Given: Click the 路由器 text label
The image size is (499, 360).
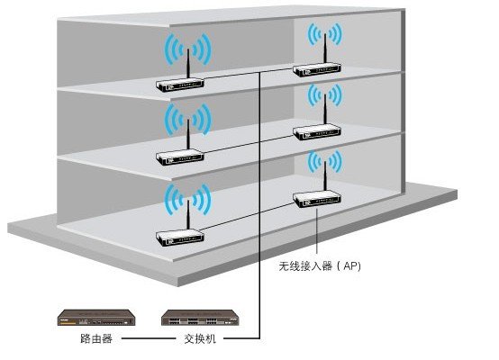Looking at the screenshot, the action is pyautogui.click(x=96, y=338).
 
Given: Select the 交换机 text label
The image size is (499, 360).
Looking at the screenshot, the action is pyautogui.click(x=200, y=338).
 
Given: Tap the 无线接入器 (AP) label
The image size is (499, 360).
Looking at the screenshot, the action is pyautogui.click(x=320, y=265).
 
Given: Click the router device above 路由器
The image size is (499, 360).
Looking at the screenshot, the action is pyautogui.click(x=96, y=318).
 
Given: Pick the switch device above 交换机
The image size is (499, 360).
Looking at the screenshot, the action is pyautogui.click(x=200, y=318).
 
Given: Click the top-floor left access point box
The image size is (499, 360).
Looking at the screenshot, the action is pyautogui.click(x=180, y=85).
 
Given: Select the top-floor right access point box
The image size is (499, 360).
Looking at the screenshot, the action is pyautogui.click(x=317, y=69).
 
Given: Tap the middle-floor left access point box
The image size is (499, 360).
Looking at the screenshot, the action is pyautogui.click(x=180, y=157).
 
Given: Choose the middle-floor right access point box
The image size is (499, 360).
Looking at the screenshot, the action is pyautogui.click(x=317, y=132).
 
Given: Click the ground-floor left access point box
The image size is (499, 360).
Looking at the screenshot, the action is pyautogui.click(x=180, y=238).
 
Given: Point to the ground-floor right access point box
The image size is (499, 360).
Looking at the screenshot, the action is pyautogui.click(x=317, y=200).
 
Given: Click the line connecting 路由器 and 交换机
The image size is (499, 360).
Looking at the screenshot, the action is pyautogui.click(x=149, y=338).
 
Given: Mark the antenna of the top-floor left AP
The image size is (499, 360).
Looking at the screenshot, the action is pyautogui.click(x=188, y=64).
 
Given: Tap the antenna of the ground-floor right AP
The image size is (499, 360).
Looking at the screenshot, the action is pyautogui.click(x=325, y=176).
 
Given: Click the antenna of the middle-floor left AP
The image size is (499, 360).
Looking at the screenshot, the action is pyautogui.click(x=188, y=135).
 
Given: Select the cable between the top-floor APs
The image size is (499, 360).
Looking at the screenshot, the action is pyautogui.click(x=248, y=73).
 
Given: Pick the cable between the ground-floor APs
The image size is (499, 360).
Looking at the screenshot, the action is pyautogui.click(x=247, y=216).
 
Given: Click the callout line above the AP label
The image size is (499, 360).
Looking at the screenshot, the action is pyautogui.click(x=317, y=231).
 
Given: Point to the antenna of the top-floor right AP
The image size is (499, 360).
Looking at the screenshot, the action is pyautogui.click(x=325, y=49).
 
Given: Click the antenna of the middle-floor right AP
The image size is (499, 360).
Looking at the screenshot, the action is pyautogui.click(x=325, y=111).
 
